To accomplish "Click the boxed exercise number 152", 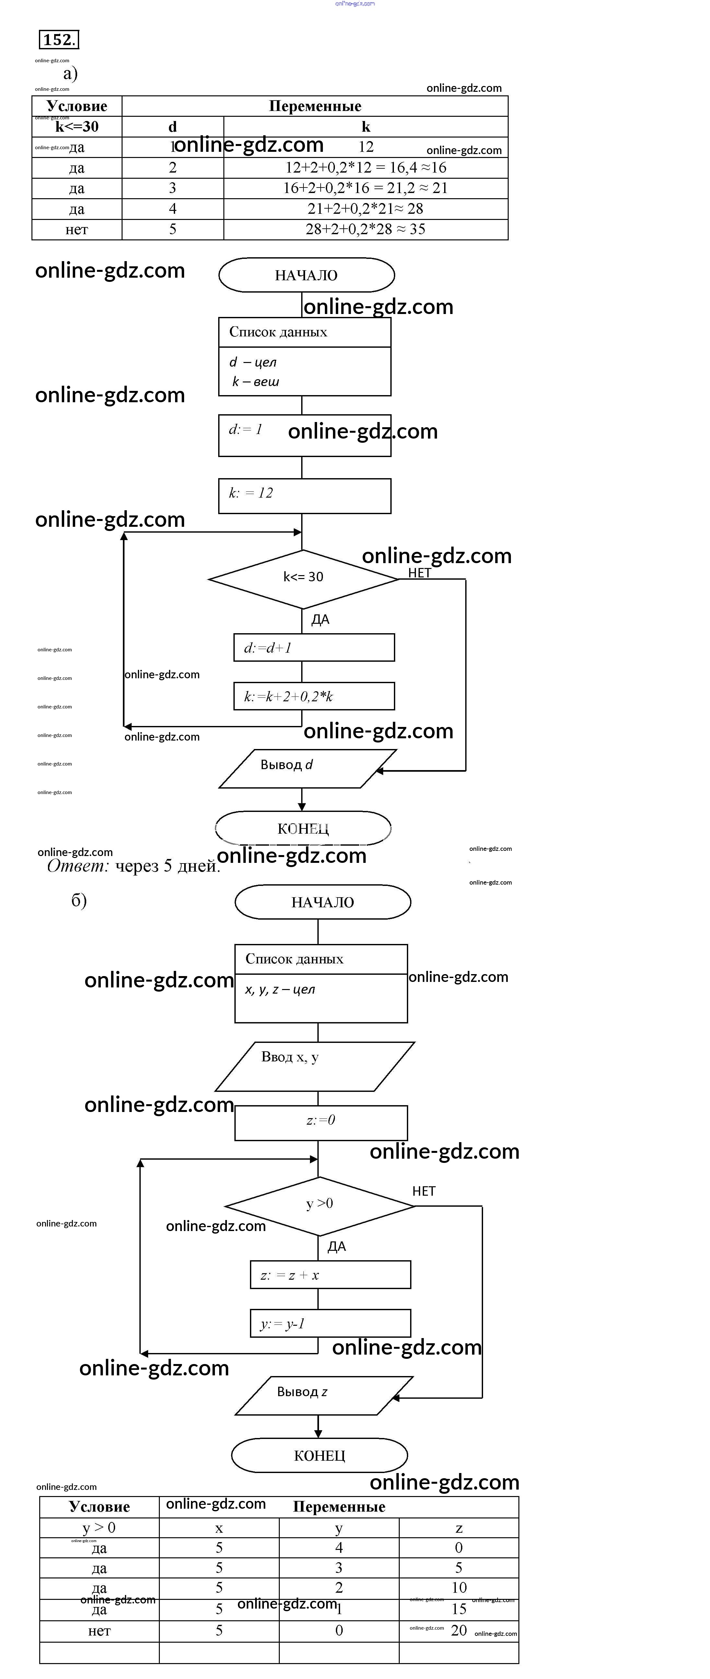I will pyautogui.click(x=59, y=40).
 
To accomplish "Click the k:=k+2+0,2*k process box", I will pyautogui.click(x=314, y=696).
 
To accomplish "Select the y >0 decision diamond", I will pyautogui.click(x=319, y=1206).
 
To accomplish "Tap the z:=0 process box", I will pyautogui.click(x=321, y=1122).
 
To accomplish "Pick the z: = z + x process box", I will pyautogui.click(x=330, y=1275).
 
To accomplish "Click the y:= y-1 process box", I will pyautogui.click(x=330, y=1323).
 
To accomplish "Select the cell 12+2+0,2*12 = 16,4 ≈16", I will pyautogui.click(x=365, y=167).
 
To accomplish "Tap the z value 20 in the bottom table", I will pyautogui.click(x=458, y=1630).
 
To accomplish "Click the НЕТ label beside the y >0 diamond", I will pyautogui.click(x=423, y=1191).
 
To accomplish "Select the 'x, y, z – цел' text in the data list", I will pyautogui.click(x=280, y=989).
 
